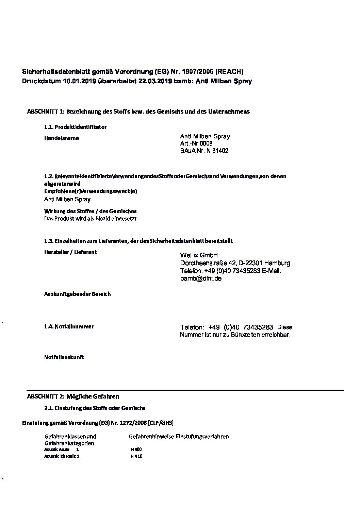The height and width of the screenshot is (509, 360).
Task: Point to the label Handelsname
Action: (61, 138)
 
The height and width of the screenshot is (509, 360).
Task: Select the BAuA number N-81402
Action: (217, 151)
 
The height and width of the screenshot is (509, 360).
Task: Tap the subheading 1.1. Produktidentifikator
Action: (75, 127)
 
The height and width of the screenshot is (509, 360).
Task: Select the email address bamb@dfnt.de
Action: (201, 278)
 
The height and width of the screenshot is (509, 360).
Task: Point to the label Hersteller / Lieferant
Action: (70, 252)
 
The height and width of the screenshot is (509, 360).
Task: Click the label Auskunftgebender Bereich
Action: (77, 294)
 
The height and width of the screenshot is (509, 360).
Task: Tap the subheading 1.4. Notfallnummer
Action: (69, 327)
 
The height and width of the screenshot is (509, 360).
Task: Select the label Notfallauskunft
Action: (64, 357)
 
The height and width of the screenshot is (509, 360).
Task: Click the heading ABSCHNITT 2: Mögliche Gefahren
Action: (73, 396)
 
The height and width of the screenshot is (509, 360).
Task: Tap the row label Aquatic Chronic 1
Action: (62, 456)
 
